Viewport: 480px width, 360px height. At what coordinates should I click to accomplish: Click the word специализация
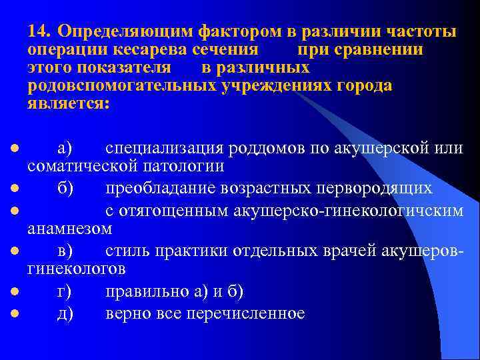pyautogui.click(x=163, y=147)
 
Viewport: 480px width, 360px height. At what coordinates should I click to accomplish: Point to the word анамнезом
pyautogui.click(x=69, y=229)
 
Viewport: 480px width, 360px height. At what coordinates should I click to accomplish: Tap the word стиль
pyautogui.click(x=128, y=252)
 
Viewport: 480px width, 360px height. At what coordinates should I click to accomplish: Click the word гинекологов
pyautogui.click(x=76, y=269)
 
